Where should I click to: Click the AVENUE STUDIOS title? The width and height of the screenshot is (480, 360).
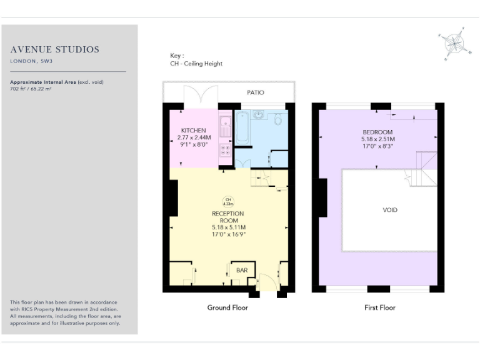tap(55, 50)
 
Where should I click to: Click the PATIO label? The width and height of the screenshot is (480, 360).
tap(255, 92)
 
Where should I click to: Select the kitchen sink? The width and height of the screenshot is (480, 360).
tap(225, 121)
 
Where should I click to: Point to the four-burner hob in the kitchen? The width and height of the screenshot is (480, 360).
tap(225, 150)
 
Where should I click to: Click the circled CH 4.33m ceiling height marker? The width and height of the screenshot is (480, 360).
tap(228, 201)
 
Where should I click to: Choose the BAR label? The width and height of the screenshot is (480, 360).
tap(241, 271)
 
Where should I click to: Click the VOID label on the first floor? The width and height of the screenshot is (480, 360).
tap(390, 210)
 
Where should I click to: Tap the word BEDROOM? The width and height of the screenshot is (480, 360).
tap(377, 132)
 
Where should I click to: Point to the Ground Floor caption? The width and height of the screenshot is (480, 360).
tap(227, 307)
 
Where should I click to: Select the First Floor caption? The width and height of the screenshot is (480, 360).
tap(380, 307)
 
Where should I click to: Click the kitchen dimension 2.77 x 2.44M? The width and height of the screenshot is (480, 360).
tap(194, 137)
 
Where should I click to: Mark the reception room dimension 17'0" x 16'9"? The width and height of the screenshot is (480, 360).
tap(228, 234)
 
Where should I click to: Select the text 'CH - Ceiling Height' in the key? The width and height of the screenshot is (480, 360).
tap(196, 64)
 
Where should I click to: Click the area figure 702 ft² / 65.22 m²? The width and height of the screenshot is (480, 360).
tap(31, 89)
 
